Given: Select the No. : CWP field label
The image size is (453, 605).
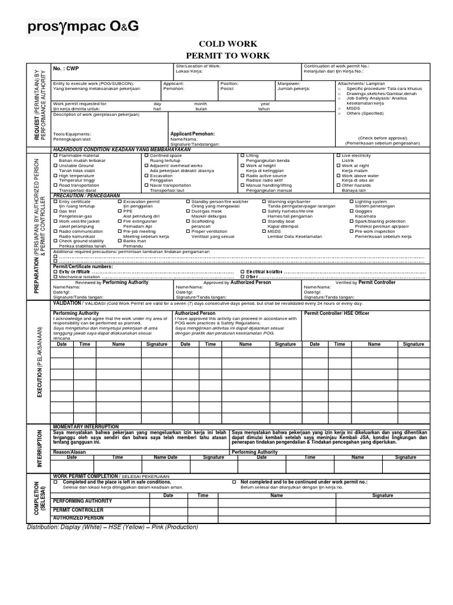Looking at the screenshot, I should pyautogui.click(x=65, y=69).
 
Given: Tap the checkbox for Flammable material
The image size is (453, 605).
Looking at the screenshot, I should pyautogui.click(x=55, y=155).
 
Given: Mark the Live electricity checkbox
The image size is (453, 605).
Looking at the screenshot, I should pyautogui.click(x=339, y=155).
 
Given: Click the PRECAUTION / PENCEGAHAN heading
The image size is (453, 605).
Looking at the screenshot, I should pyautogui.click(x=87, y=196).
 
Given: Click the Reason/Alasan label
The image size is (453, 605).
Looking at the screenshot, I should pyautogui.click(x=69, y=452).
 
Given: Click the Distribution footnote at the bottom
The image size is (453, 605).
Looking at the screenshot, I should pyautogui.click(x=113, y=526).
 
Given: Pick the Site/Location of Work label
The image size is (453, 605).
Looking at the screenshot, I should pyautogui.click(x=198, y=66).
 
